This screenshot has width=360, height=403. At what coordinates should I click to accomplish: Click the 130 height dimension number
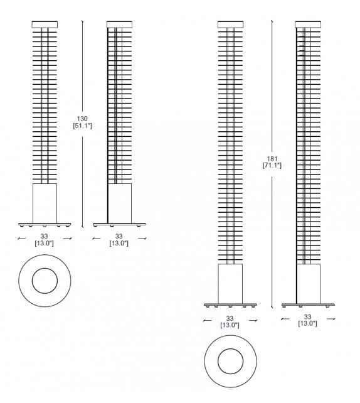(82, 118)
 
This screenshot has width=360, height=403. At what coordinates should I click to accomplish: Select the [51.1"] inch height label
(82, 126)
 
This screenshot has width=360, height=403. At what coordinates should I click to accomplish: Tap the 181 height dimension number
(272, 158)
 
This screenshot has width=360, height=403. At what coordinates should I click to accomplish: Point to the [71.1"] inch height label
(272, 166)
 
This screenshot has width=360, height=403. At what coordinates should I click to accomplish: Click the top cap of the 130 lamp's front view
(45, 24)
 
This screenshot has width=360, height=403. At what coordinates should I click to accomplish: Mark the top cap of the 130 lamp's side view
(119, 24)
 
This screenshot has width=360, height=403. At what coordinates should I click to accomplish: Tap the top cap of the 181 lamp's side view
(307, 24)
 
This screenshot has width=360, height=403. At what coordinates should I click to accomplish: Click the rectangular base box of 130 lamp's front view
(45, 203)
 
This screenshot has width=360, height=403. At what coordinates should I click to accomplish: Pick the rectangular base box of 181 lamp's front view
(230, 284)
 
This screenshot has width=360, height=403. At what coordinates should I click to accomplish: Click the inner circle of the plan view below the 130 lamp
(45, 280)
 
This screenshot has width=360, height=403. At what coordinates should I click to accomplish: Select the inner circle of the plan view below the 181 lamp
(230, 360)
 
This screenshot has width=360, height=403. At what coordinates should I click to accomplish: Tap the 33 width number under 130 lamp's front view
(45, 236)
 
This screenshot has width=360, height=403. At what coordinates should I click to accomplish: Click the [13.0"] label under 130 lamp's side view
(119, 244)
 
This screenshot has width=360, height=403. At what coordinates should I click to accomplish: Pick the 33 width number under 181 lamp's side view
(307, 317)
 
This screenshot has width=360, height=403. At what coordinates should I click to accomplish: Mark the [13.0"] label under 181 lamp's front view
(230, 325)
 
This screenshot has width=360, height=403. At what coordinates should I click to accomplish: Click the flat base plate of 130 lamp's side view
(119, 223)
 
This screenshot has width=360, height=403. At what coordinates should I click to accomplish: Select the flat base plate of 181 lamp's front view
(230, 305)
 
